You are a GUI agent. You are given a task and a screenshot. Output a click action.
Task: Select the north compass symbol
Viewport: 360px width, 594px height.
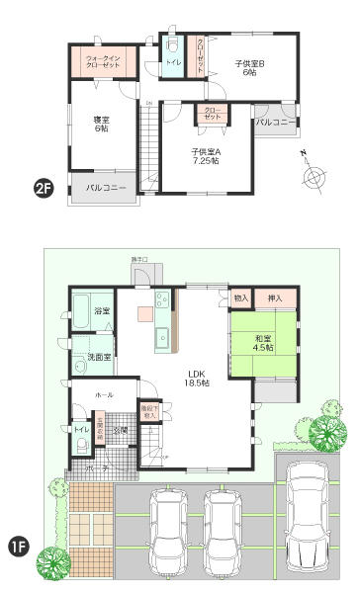click(x=314, y=177)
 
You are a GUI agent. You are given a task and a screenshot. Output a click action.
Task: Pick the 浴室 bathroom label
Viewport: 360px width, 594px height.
click(x=103, y=311)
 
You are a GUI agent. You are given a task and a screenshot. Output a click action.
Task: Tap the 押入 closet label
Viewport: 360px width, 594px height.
click(x=276, y=297)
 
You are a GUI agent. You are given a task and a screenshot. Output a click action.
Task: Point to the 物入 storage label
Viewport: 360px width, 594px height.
click(x=241, y=297)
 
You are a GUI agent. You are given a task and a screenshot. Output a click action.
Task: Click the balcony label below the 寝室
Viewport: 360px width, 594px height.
click(x=104, y=187)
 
